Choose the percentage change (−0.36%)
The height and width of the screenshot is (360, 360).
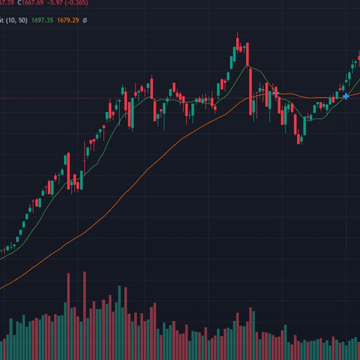tap(77, 3)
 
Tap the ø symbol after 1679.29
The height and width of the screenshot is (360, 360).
tap(85, 20)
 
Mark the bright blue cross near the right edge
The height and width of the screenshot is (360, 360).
tap(346, 96)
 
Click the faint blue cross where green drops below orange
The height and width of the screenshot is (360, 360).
tap(275, 93)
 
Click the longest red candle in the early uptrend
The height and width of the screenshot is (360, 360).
tap(68, 171)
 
